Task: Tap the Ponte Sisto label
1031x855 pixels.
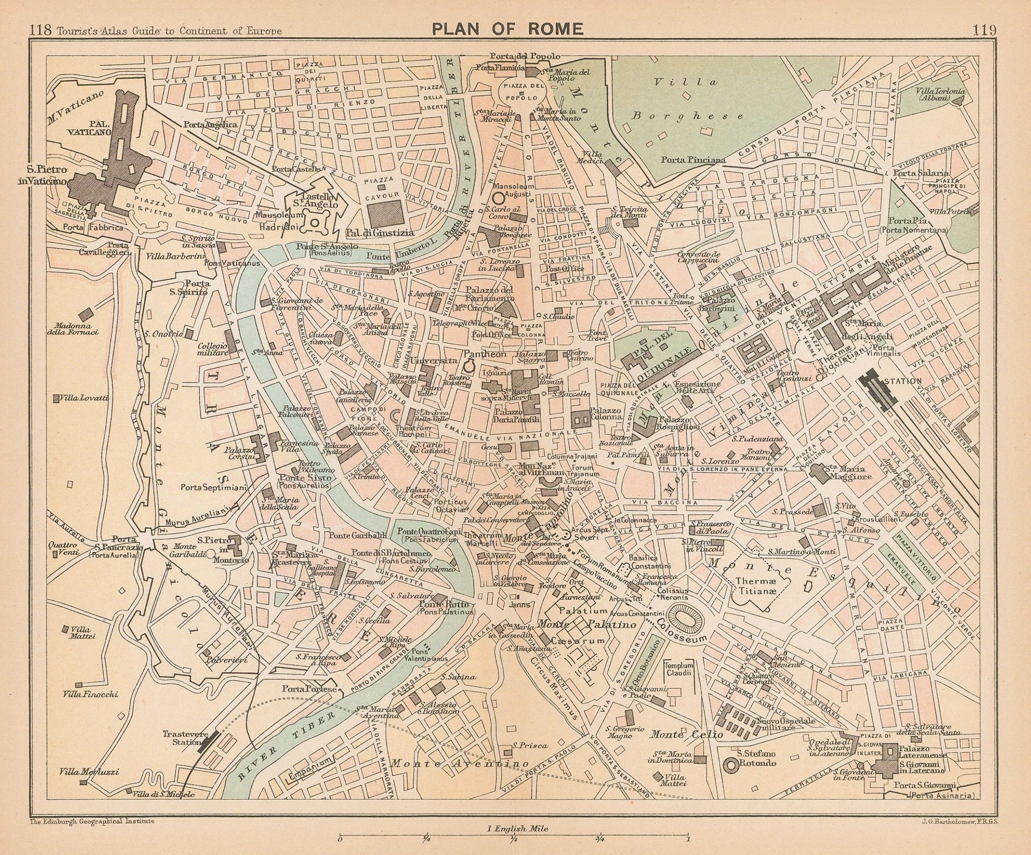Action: coord(305,478)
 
